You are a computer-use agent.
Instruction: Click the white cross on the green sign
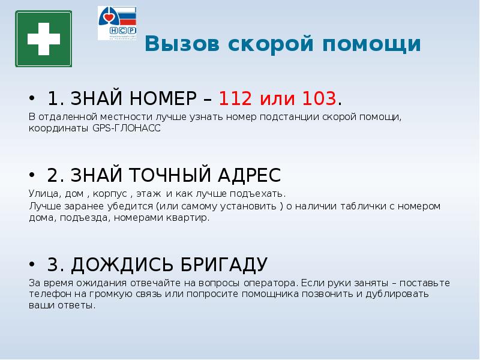coord(43,39)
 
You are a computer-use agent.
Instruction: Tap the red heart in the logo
coord(109,17)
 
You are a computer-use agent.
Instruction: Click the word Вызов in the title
coord(182,43)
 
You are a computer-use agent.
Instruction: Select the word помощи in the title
coord(371,44)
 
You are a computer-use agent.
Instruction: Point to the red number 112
coord(235,98)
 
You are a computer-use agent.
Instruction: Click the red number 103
coord(319,98)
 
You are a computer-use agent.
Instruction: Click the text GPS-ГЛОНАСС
coord(127,128)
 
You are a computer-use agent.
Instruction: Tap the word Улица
coord(44,194)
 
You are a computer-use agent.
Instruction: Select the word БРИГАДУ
coord(224,264)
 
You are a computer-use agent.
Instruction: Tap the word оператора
coord(271,283)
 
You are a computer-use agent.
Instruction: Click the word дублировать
coord(397,294)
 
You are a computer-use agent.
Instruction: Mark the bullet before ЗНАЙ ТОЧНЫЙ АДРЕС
coord(32,175)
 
